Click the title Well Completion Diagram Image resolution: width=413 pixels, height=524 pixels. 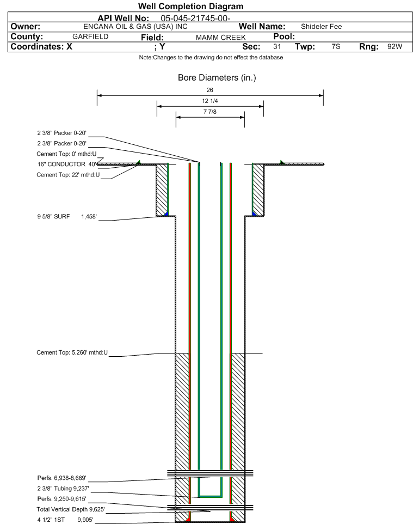(x=190, y=7)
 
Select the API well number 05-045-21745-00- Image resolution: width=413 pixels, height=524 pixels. (x=195, y=19)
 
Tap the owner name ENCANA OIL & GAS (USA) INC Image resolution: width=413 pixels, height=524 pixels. (x=135, y=27)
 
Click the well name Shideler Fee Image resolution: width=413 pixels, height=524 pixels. (x=321, y=27)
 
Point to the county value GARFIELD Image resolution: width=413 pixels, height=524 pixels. (x=90, y=36)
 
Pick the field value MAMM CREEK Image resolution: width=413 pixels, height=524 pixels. (x=221, y=38)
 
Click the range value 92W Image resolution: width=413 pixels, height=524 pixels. (x=394, y=46)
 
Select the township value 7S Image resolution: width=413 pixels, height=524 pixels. (x=336, y=46)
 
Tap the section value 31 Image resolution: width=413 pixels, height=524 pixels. (x=277, y=46)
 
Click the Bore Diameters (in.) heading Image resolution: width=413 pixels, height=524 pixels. (x=217, y=78)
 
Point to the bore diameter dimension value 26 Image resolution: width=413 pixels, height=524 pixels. (x=209, y=90)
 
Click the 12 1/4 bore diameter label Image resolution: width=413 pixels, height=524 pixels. (x=210, y=101)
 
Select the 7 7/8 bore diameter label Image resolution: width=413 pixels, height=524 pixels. (x=210, y=112)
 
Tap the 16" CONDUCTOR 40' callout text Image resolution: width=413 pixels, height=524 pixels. (x=67, y=164)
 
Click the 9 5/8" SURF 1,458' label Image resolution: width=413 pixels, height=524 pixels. (x=67, y=217)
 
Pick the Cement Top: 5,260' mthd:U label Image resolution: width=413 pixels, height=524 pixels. (x=72, y=352)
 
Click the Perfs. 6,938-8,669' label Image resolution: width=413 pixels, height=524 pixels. (x=62, y=478)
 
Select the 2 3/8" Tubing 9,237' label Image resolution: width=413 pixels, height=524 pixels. (x=63, y=489)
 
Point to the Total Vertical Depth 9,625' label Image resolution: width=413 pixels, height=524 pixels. (x=71, y=509)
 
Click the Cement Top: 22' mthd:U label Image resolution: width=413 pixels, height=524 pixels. (x=68, y=175)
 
